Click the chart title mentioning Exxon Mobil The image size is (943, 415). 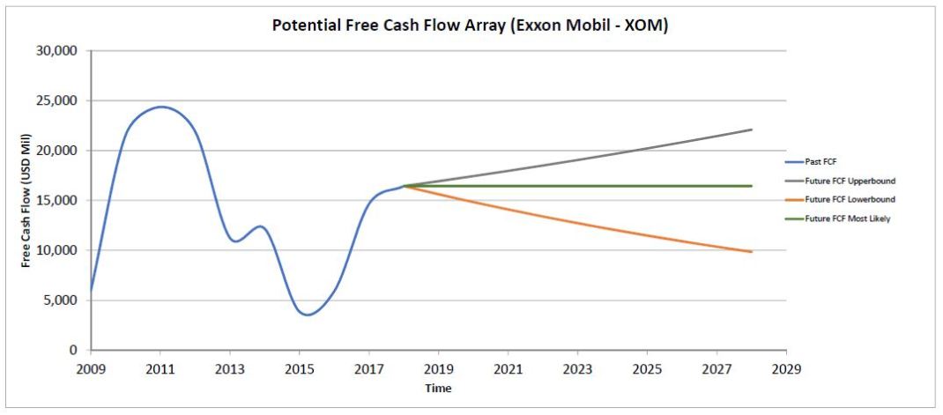(470, 26)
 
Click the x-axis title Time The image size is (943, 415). (437, 388)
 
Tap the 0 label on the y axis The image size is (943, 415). (74, 351)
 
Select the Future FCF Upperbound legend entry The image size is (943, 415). (850, 181)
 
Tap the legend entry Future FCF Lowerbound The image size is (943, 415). (850, 200)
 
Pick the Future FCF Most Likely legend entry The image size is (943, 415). (848, 219)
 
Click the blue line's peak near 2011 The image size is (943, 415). (160, 107)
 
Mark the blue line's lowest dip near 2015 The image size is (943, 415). (307, 315)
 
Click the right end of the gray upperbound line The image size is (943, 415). (751, 130)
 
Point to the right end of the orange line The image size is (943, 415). (751, 252)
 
